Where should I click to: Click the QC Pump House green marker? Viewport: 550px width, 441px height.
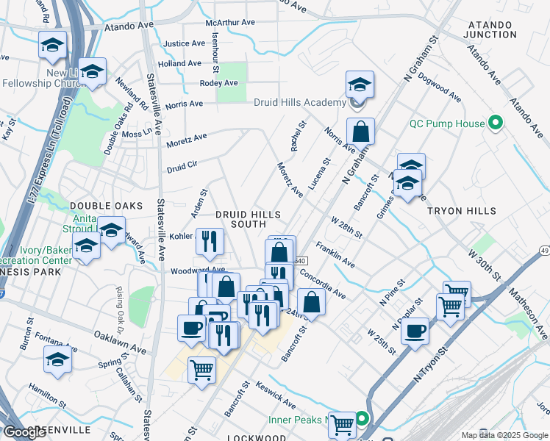pos(496,123)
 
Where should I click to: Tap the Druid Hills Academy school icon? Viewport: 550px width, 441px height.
pos(360,85)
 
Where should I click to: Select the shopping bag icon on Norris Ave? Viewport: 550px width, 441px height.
pos(360,132)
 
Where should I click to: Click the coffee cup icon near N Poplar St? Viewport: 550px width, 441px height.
pos(415,331)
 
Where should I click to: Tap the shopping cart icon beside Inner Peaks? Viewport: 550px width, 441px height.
pos(341,424)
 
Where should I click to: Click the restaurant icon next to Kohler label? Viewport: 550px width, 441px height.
pos(210,242)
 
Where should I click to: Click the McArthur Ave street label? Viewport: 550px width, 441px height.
pos(230,23)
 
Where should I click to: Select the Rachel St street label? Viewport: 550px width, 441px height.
pos(298,137)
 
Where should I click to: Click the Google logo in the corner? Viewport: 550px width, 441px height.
pos(26,432)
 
